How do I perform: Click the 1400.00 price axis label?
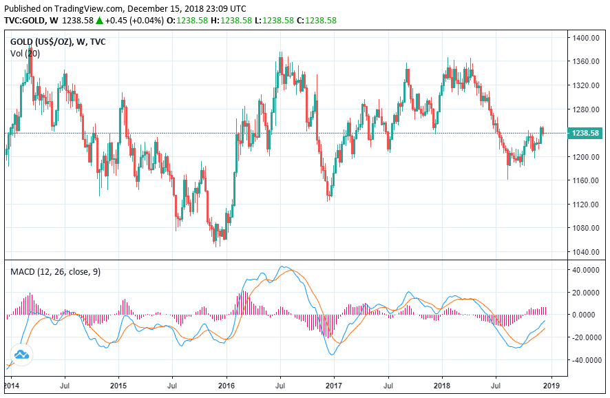[x=583, y=38]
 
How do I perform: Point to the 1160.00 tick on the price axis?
[x=583, y=180]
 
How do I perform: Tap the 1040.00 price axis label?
[x=583, y=252]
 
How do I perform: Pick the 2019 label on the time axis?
[x=551, y=386]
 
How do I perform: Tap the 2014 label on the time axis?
[x=12, y=386]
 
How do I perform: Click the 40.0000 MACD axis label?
[x=585, y=270]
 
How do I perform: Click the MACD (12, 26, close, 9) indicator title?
[x=55, y=272]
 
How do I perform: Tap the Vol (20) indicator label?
[x=25, y=53]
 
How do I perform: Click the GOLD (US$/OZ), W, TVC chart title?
[x=59, y=42]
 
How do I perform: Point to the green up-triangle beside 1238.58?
[x=100, y=21]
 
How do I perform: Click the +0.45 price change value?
[x=118, y=21]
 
